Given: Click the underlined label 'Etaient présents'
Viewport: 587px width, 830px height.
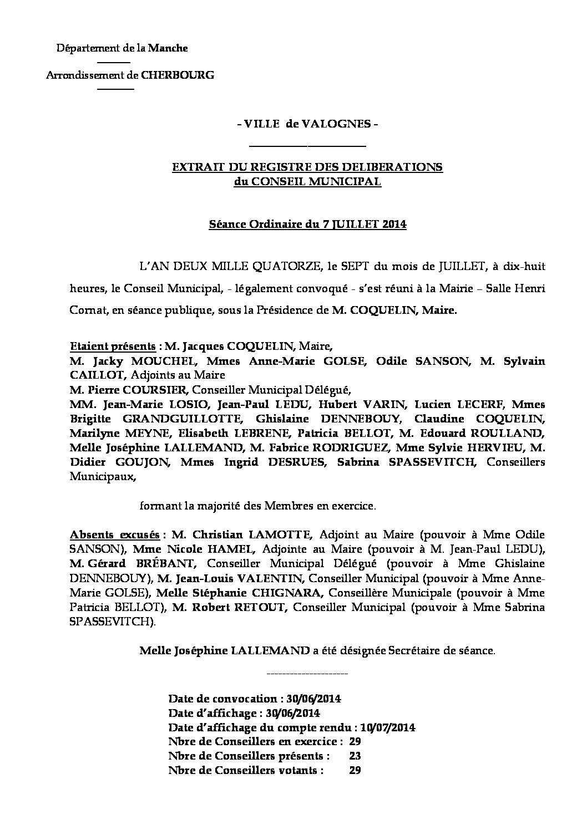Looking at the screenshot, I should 113,347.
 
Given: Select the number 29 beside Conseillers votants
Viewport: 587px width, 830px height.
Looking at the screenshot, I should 355,770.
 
